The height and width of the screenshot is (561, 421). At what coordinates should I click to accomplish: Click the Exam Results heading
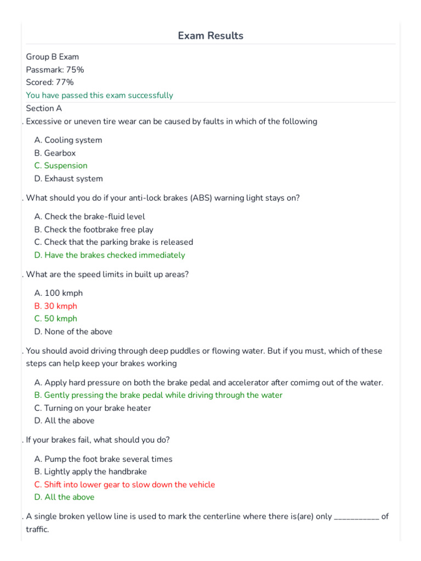(x=210, y=36)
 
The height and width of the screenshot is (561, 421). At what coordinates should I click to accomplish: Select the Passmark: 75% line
(x=55, y=70)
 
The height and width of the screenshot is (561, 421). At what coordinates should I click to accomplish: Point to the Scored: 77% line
(x=50, y=82)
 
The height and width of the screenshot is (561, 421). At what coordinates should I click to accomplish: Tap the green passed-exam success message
(x=99, y=95)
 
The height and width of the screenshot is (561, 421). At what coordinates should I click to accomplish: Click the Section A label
(x=44, y=108)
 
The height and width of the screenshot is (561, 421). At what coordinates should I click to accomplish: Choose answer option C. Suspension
(x=60, y=165)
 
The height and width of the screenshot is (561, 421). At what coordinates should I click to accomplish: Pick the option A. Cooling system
(x=68, y=140)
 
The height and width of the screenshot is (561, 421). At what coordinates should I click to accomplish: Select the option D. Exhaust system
(x=68, y=179)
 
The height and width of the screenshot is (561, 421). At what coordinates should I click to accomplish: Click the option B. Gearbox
(x=55, y=153)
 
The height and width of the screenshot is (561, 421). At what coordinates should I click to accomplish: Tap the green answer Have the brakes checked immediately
(x=110, y=255)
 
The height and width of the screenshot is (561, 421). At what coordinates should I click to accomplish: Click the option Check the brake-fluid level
(x=89, y=216)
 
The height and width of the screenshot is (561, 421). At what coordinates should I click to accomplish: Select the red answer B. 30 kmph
(x=55, y=306)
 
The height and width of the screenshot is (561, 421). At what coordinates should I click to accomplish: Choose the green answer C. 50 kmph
(x=55, y=318)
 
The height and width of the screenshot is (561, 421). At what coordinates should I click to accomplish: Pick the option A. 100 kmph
(x=58, y=293)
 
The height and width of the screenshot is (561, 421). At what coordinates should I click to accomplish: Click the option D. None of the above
(x=73, y=331)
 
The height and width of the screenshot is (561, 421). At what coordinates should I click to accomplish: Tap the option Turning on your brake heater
(x=93, y=408)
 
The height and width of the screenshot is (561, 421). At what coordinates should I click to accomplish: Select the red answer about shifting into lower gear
(x=124, y=484)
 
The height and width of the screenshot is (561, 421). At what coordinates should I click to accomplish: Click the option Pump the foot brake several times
(x=103, y=459)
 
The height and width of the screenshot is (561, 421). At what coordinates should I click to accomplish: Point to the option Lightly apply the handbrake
(x=90, y=472)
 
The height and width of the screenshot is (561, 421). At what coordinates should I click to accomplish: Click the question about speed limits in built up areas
(x=107, y=274)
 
